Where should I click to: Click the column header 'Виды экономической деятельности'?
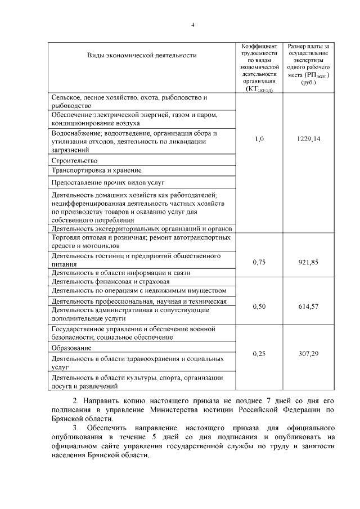142,55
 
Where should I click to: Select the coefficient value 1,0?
259,138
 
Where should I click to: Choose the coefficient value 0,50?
259,306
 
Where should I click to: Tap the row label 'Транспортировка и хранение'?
96,170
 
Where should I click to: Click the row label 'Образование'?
71,348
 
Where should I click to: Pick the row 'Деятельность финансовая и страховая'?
110,281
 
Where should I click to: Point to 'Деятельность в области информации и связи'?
120,272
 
